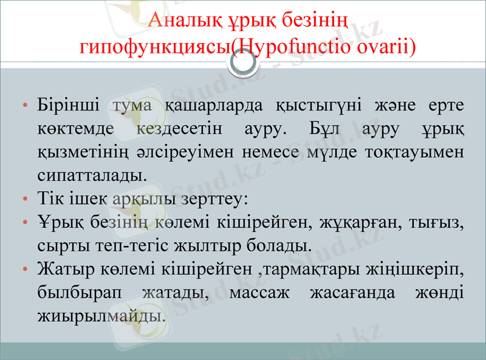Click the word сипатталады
pos(92,175)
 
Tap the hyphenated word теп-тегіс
pos(127,245)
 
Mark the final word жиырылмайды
pos(100,316)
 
